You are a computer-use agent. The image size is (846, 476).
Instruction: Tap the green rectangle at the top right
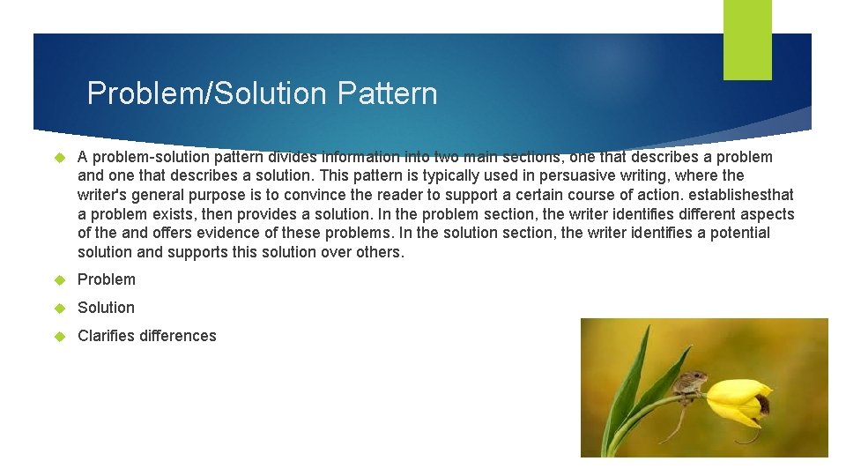747,39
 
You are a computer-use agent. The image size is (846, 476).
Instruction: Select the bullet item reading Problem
107,279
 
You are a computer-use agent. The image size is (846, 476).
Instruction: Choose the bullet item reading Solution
106,308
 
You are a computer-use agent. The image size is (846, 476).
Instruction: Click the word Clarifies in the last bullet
107,336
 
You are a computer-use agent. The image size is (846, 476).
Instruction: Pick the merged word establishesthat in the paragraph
742,195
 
